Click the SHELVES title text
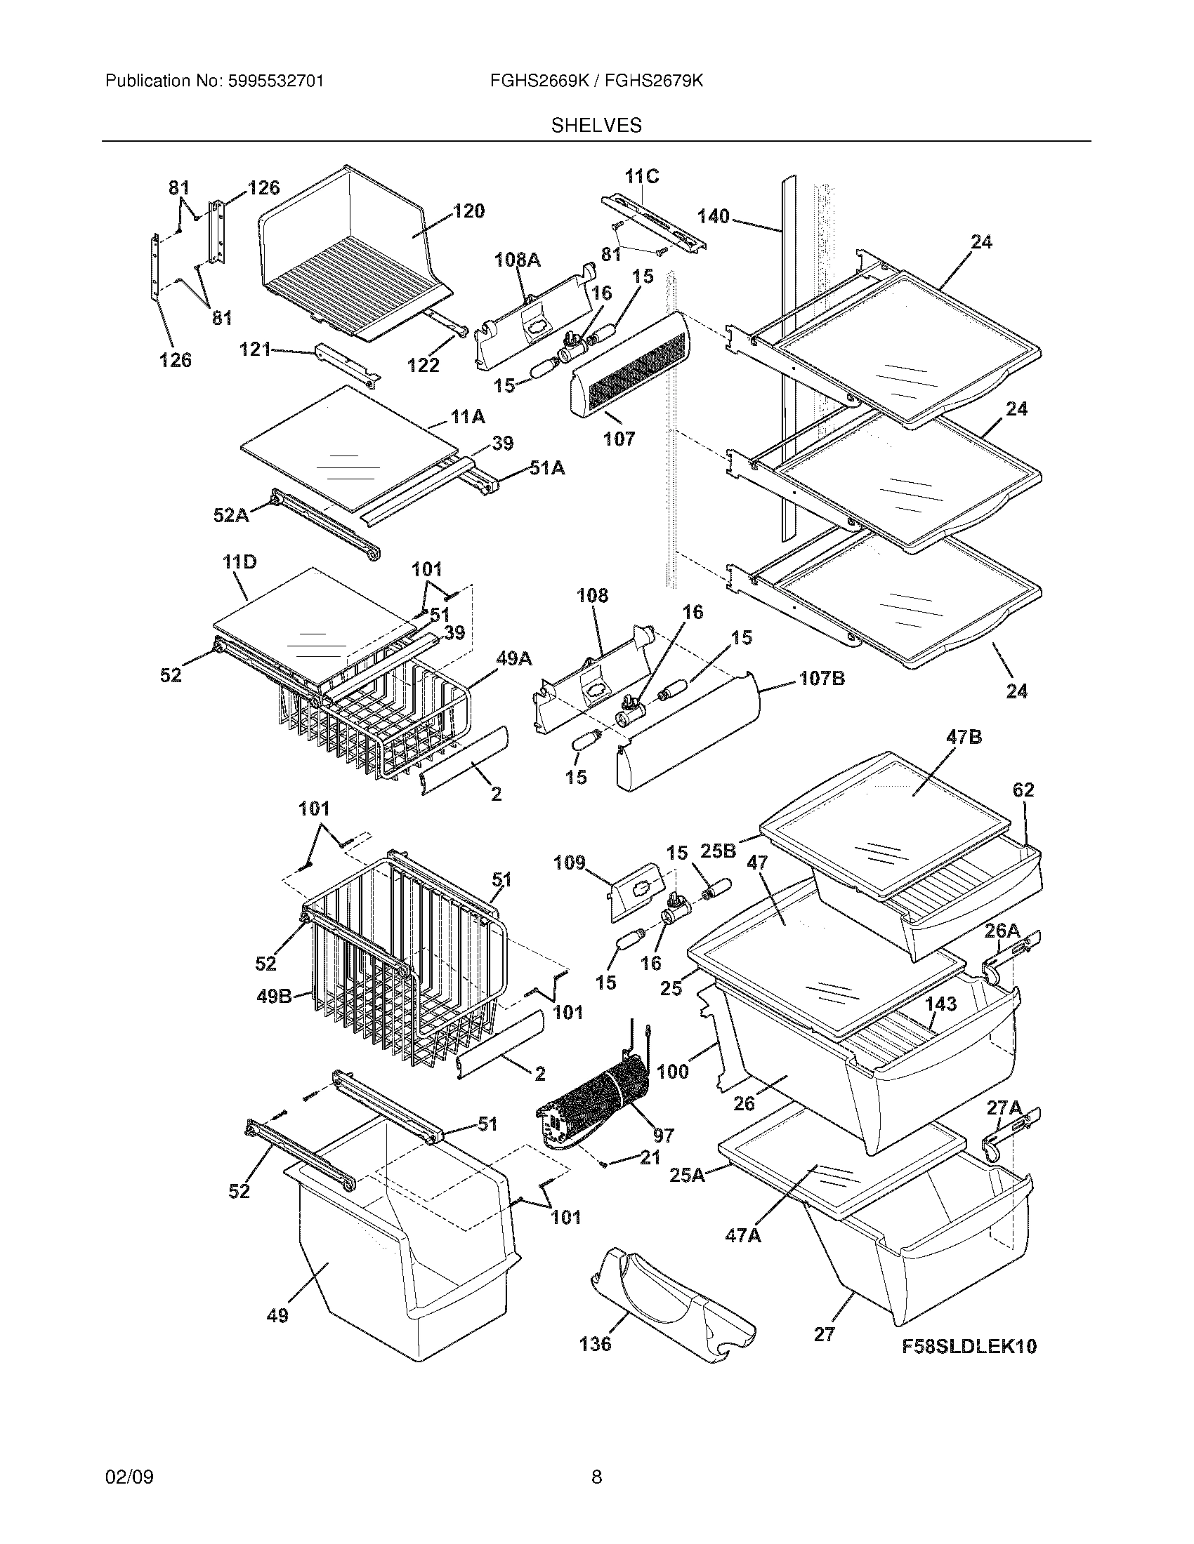pos(596,126)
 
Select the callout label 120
pos(468,211)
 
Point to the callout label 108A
pos(517,260)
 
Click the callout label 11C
pos(641,176)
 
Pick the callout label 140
pos(713,216)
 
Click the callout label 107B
pos(822,679)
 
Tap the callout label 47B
pos(964,738)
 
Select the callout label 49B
pos(273,997)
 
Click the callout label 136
pos(595,1343)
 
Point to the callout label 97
pos(663,1136)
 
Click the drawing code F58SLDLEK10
pos(969,1346)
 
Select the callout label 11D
pos(239,562)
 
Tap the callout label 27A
pos(1004,1107)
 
